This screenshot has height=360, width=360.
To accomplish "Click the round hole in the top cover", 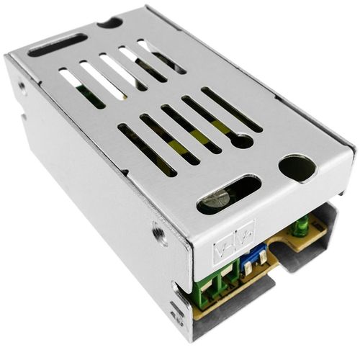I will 296,168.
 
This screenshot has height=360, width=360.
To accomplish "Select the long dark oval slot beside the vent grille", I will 58,45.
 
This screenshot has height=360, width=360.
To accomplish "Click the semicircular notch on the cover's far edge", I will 109,22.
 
